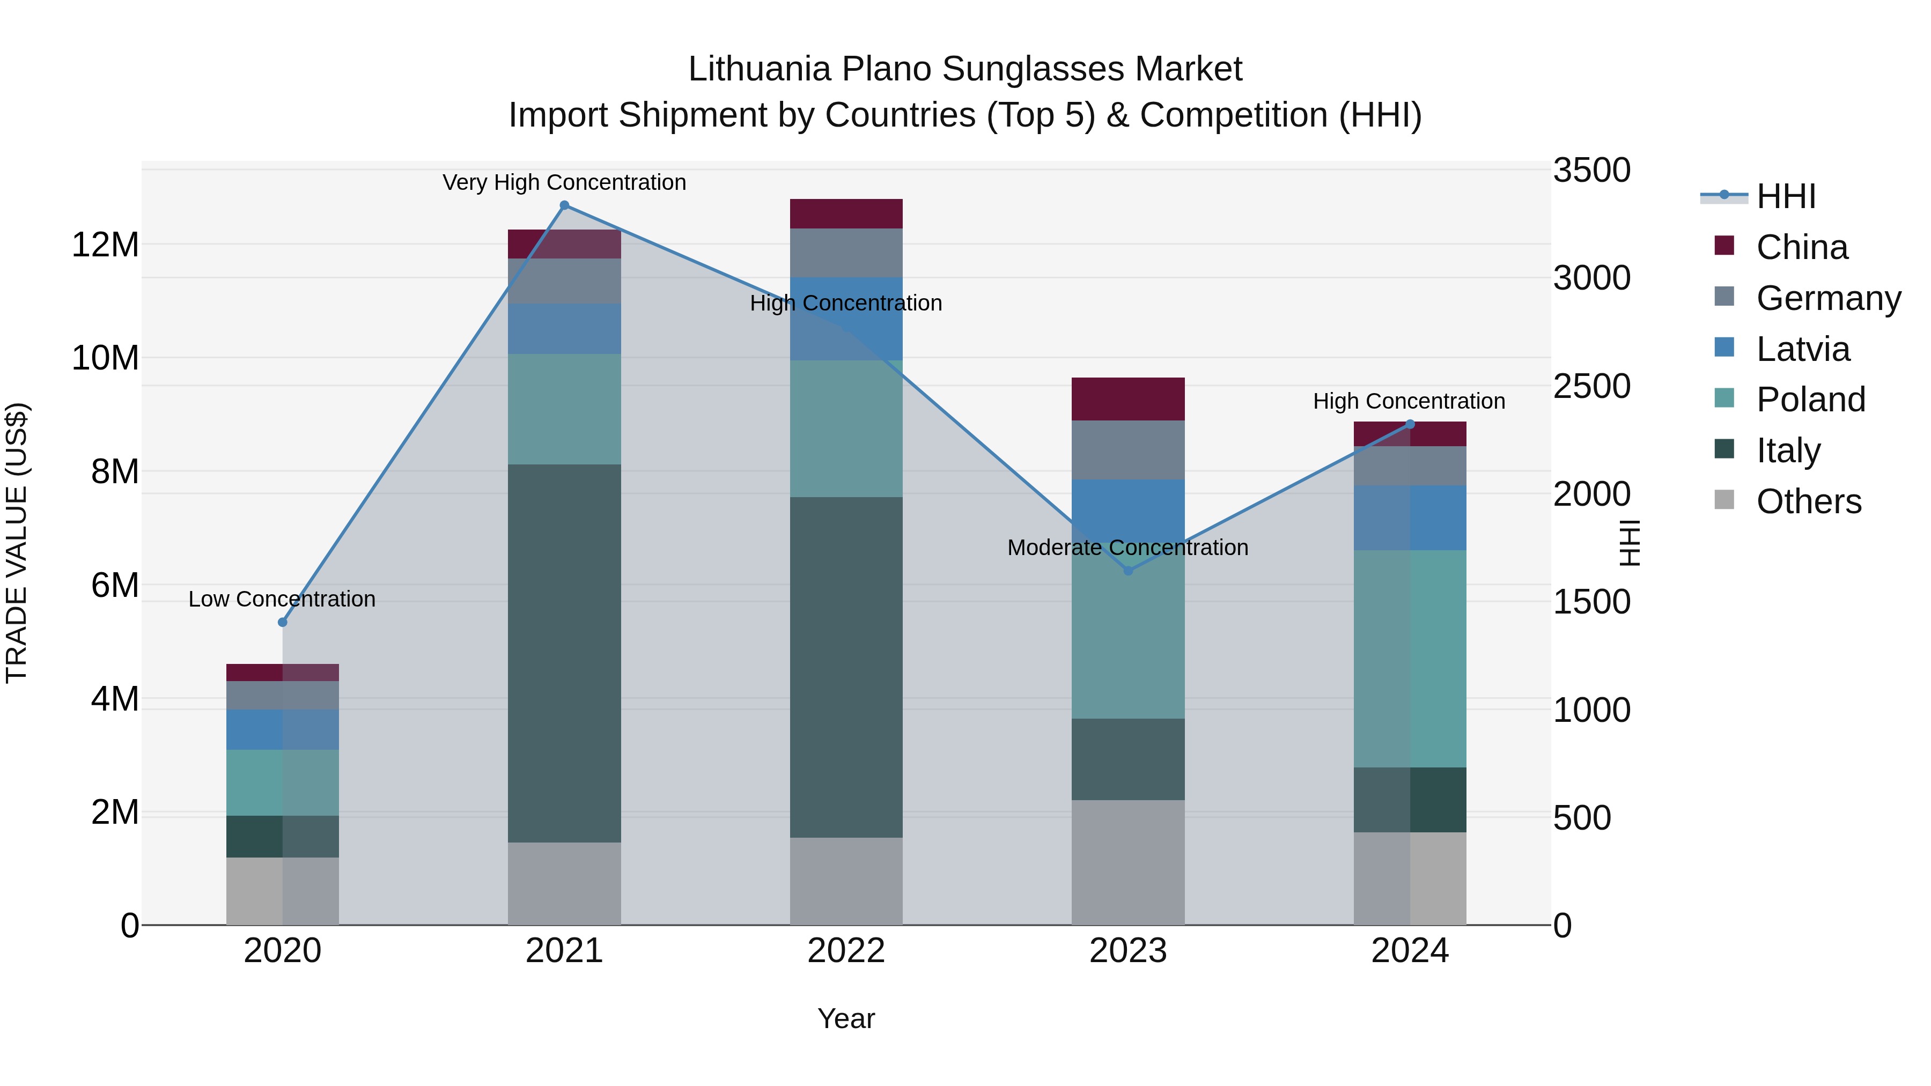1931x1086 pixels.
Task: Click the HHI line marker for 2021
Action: [564, 205]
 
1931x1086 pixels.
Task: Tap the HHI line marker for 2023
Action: [1128, 571]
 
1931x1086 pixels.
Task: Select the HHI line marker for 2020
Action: [283, 622]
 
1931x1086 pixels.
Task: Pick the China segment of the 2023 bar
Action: [1128, 398]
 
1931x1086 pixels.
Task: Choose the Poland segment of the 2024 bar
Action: [1410, 658]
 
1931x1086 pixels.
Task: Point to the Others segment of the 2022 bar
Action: [846, 881]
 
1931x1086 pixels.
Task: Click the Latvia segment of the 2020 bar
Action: [283, 729]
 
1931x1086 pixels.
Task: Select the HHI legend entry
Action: [1786, 196]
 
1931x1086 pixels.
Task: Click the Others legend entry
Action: [1808, 501]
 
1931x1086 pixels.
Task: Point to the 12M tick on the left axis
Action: [105, 245]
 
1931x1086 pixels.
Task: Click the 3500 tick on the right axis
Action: [1591, 170]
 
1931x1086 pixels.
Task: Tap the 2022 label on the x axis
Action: [846, 951]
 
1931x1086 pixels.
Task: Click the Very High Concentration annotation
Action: [564, 182]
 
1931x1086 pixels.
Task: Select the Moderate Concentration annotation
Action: [1128, 547]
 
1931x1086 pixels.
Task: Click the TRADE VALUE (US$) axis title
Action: [17, 543]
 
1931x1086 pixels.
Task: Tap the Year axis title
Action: [846, 1018]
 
